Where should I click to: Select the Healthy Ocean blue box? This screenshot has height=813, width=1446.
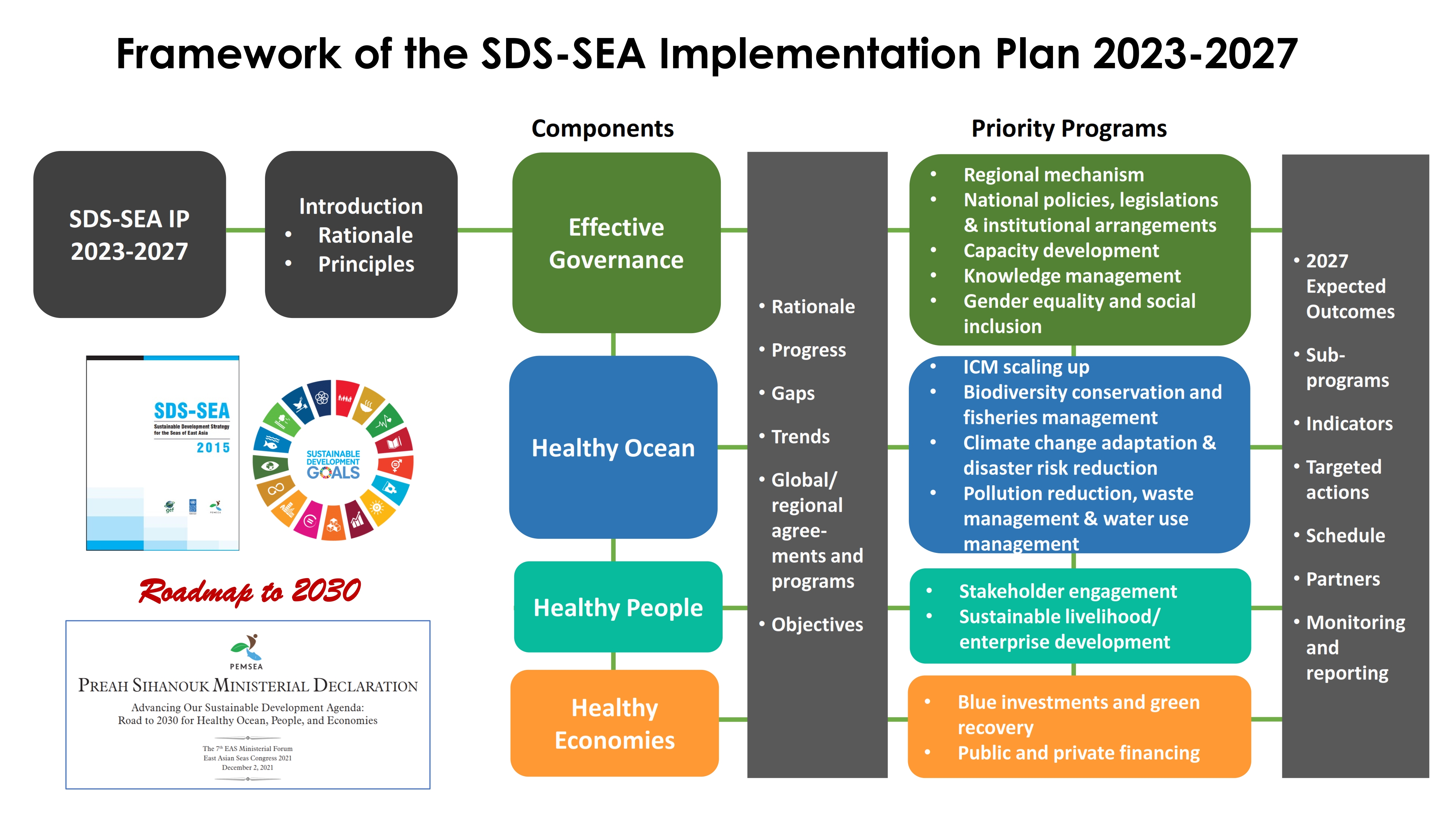click(613, 447)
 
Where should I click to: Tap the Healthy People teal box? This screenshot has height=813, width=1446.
click(618, 607)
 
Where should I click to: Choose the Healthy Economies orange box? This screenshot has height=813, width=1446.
click(615, 723)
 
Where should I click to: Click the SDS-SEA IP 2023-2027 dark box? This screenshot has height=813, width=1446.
click(130, 235)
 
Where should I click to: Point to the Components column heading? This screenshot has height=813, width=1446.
click(602, 129)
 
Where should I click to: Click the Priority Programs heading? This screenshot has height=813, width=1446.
click(1069, 129)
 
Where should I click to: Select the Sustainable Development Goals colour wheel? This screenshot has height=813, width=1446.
click(333, 460)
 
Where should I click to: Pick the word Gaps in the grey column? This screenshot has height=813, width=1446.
click(793, 393)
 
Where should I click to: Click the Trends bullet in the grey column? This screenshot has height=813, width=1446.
click(800, 436)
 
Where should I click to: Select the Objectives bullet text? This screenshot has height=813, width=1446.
click(817, 624)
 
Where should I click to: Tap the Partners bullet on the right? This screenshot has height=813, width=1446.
click(1343, 578)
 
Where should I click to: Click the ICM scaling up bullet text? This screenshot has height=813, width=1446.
click(1026, 367)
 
